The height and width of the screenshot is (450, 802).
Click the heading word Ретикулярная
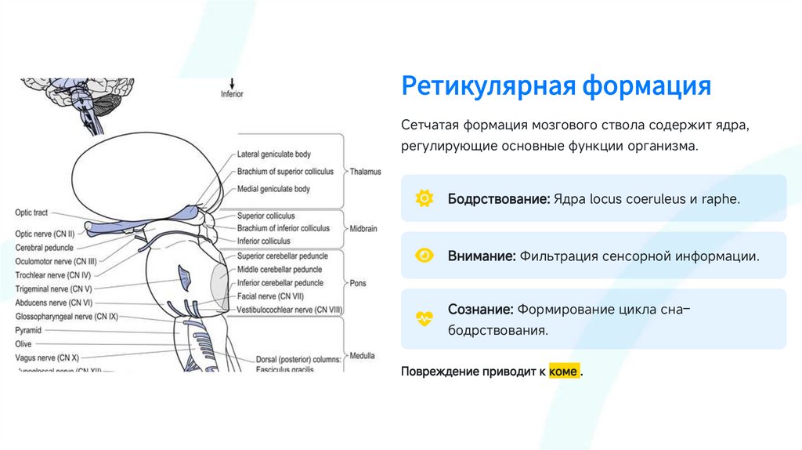(x=486, y=85)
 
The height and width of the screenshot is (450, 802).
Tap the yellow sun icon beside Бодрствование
(x=424, y=198)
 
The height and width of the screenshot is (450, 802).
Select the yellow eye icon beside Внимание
(x=424, y=256)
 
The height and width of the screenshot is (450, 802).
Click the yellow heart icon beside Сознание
(x=424, y=319)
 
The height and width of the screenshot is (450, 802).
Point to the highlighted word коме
(x=564, y=371)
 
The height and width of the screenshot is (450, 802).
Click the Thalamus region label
(x=365, y=171)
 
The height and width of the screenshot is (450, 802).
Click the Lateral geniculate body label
(x=273, y=154)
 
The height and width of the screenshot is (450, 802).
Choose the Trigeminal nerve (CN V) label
(x=53, y=289)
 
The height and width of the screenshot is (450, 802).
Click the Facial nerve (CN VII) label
(x=269, y=297)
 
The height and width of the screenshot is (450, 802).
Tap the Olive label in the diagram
(x=23, y=343)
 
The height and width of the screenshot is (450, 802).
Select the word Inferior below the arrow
(x=232, y=94)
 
